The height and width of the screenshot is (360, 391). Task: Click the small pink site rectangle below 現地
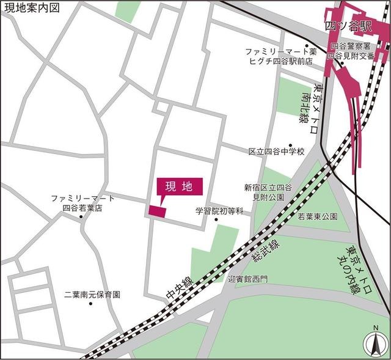pyautogui.click(x=157, y=211)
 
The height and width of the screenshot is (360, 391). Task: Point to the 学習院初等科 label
pyautogui.click(x=219, y=211)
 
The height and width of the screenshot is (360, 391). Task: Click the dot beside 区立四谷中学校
pyautogui.click(x=291, y=145)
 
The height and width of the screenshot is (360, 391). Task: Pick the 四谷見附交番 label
pyautogui.click(x=350, y=56)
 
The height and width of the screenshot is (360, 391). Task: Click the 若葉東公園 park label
pyautogui.click(x=318, y=216)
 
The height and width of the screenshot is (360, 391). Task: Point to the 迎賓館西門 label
pyautogui.click(x=247, y=279)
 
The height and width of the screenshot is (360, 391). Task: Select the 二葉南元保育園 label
pyautogui.click(x=92, y=294)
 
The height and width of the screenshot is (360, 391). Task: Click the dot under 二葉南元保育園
pyautogui.click(x=90, y=304)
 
